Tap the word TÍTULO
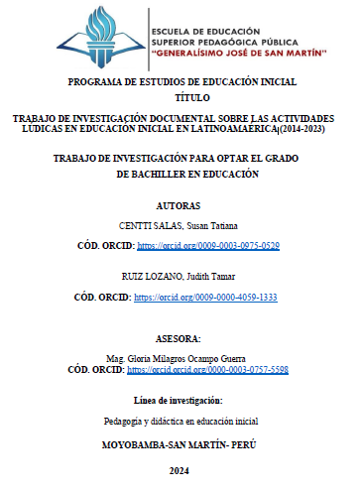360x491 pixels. (x=179, y=99)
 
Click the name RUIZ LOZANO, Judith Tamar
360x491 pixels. (x=179, y=277)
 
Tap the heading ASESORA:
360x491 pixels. (x=179, y=337)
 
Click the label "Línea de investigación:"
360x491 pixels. (x=179, y=400)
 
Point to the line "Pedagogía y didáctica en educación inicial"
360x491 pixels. (x=180, y=422)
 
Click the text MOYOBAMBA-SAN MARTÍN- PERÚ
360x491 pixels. (x=179, y=444)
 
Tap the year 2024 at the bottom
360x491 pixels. (x=179, y=471)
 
